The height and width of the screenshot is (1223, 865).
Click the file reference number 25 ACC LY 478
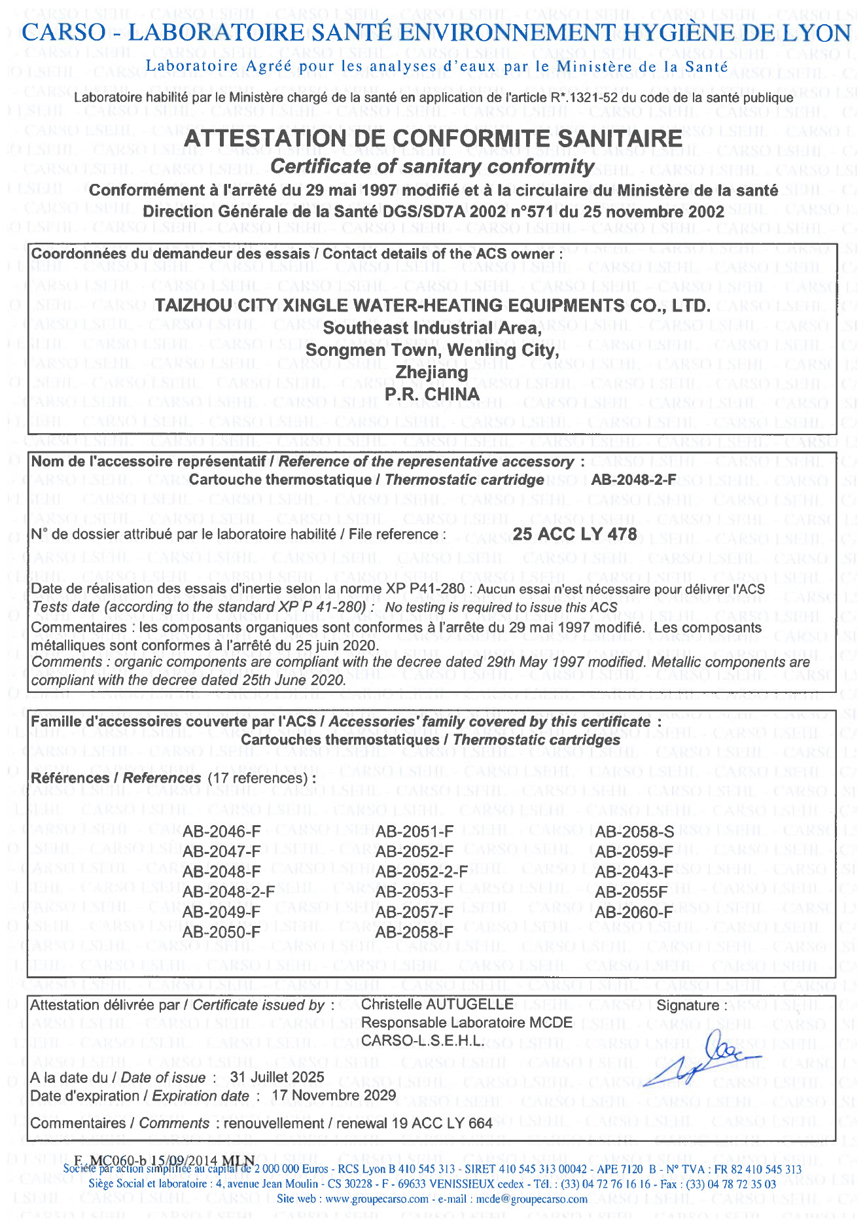[574, 535]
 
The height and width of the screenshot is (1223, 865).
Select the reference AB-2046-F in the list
[221, 832]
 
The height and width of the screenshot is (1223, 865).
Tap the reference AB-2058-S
[634, 832]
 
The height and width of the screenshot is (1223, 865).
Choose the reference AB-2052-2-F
[421, 872]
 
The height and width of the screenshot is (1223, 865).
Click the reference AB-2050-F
[221, 932]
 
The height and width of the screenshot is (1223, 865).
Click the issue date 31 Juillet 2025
[277, 1077]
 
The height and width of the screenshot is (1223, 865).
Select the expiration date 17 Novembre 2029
[334, 1095]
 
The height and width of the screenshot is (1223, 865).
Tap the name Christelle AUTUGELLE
[437, 1004]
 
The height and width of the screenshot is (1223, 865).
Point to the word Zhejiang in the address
[432, 372]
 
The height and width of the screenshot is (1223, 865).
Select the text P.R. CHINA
[432, 395]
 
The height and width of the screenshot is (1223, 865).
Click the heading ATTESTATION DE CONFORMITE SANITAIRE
[433, 139]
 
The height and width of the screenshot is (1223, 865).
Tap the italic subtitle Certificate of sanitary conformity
[432, 167]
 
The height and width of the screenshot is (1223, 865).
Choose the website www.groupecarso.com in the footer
[376, 1199]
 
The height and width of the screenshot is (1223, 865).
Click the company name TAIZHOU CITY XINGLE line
[432, 306]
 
